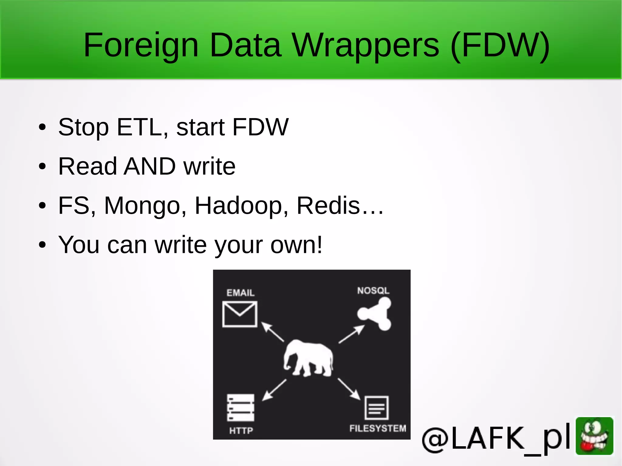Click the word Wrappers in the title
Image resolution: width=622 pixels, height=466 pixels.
point(365,46)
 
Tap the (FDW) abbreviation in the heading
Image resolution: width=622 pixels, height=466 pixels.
point(500,46)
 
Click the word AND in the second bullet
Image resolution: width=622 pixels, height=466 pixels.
point(150,166)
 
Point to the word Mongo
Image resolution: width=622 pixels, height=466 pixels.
point(142,206)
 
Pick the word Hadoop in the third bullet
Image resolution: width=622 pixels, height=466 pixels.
point(238,206)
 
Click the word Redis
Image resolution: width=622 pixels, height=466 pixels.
point(328,205)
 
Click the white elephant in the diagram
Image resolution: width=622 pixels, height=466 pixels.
point(308,358)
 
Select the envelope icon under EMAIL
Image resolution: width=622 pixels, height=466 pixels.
point(240,314)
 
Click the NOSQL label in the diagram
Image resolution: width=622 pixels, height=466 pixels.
point(373,291)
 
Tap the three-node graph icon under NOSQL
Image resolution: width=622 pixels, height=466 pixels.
point(375,314)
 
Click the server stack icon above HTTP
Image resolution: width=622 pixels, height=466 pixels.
point(241,408)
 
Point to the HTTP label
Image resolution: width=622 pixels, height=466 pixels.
point(241,430)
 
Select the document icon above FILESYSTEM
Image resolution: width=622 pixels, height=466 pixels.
point(377,408)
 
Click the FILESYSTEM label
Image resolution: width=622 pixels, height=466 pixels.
point(378,428)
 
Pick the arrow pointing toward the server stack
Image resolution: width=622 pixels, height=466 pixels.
point(274,390)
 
